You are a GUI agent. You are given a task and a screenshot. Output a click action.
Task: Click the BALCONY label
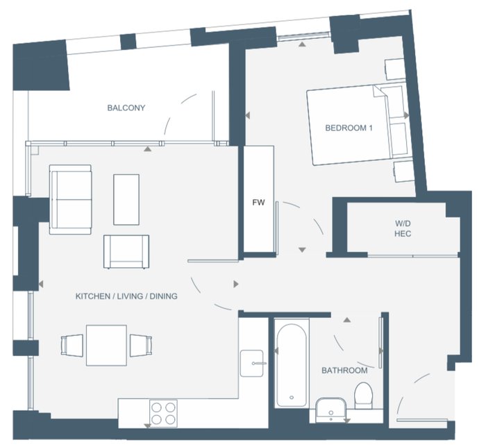point(126,108)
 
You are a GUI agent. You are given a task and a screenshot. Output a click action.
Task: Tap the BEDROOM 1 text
point(348,128)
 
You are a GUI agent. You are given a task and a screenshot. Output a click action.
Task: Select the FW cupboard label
point(258,202)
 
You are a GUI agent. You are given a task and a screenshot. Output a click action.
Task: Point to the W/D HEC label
point(403,228)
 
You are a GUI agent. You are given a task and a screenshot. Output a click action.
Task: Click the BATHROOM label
point(344,371)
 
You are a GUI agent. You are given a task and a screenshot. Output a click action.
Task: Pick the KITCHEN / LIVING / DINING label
point(126,296)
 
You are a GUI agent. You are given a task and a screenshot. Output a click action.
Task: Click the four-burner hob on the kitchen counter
point(163,414)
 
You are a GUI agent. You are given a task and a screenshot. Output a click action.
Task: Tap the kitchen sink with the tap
point(252,363)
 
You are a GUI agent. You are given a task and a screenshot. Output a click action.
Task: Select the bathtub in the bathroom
point(292,365)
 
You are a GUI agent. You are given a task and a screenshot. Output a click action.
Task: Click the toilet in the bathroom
point(363,396)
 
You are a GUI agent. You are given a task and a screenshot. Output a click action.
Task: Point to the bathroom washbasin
point(331,410)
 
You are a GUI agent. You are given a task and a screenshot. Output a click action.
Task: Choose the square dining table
point(106,345)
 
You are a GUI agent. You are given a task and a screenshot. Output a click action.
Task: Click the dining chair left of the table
point(72,346)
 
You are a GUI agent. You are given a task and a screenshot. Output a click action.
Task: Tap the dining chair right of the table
point(140,346)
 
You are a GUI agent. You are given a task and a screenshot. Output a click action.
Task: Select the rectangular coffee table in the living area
point(126,200)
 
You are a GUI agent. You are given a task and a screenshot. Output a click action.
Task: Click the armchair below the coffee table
point(126,252)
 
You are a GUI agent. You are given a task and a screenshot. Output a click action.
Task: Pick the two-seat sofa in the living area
point(70,199)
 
